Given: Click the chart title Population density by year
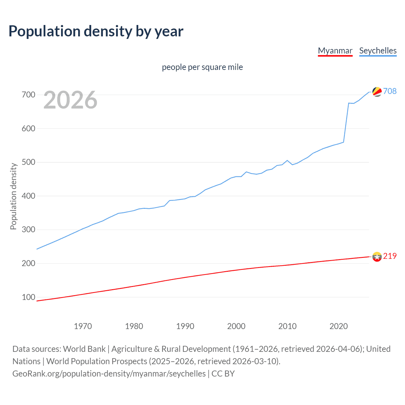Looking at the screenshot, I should (x=96, y=31).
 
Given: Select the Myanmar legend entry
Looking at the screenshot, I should (x=335, y=51).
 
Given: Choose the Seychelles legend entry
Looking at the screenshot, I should (x=378, y=51).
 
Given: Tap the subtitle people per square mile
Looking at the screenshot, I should (x=202, y=67).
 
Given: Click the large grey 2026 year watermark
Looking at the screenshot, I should (x=70, y=100).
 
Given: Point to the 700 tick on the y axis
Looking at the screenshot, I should (x=28, y=95).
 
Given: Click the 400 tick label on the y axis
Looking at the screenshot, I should (x=28, y=196).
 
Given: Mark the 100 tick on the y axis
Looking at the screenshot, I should (x=28, y=297).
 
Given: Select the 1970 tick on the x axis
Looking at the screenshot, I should (x=83, y=326).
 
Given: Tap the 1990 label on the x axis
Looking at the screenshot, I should (x=185, y=326).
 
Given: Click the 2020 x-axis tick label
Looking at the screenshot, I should (x=339, y=326).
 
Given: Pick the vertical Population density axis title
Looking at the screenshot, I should (x=13, y=196).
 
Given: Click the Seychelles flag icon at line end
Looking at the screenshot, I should (x=377, y=91).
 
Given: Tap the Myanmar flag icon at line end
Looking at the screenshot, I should (x=377, y=257).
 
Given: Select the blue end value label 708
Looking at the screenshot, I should (x=390, y=91).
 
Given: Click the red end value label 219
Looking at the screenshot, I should (x=390, y=256).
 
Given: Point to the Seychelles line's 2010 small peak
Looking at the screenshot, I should (x=287, y=160).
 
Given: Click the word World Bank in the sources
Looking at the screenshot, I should (x=84, y=349).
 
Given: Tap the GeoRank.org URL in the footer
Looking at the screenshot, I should (x=109, y=373).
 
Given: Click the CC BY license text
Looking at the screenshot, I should (x=223, y=373).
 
